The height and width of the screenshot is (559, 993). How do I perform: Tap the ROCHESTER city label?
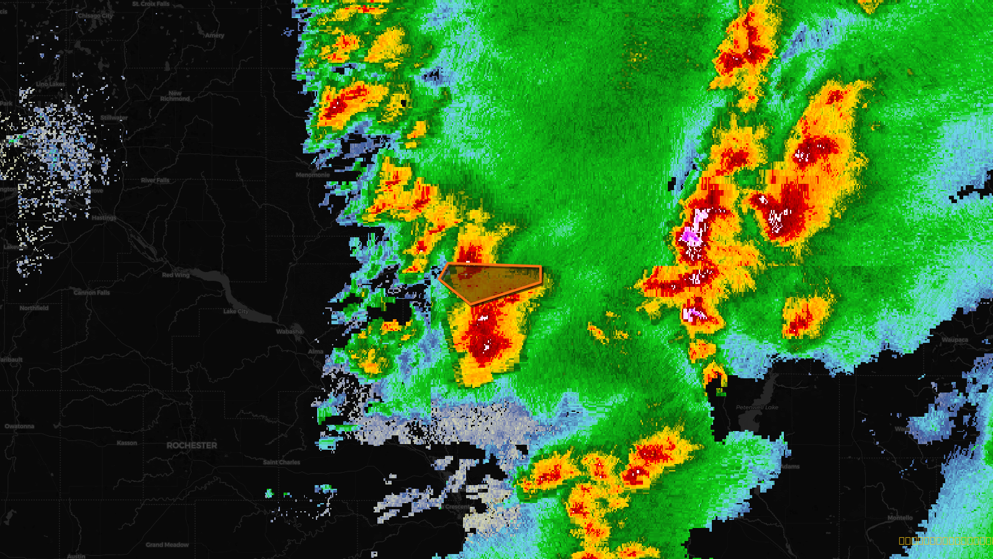point(192,445)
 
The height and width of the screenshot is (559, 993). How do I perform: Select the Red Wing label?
point(176,275)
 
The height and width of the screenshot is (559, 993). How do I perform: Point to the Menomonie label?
point(313,175)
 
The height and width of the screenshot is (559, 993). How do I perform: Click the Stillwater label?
point(114,117)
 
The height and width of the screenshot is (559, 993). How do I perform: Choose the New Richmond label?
point(175,96)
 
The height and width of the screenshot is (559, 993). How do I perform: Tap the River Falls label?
point(155,180)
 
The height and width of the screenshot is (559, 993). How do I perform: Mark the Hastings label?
point(104,217)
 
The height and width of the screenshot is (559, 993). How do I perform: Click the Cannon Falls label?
point(92,292)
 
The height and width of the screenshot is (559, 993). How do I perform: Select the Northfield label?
point(34,307)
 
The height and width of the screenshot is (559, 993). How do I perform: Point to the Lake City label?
point(236,311)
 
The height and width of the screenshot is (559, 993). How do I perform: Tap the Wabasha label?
point(289,331)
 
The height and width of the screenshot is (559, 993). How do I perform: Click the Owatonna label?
point(19,426)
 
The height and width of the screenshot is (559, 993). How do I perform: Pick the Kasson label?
point(127,443)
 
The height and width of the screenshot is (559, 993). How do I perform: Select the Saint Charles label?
point(281,462)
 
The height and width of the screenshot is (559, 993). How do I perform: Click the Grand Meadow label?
point(167,545)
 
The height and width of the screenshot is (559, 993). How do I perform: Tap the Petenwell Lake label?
point(757,407)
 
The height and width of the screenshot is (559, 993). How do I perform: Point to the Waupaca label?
point(955,340)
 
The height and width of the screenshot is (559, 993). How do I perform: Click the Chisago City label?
point(96,16)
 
